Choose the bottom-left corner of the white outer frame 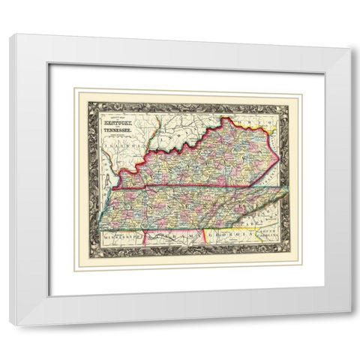(10, 323)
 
